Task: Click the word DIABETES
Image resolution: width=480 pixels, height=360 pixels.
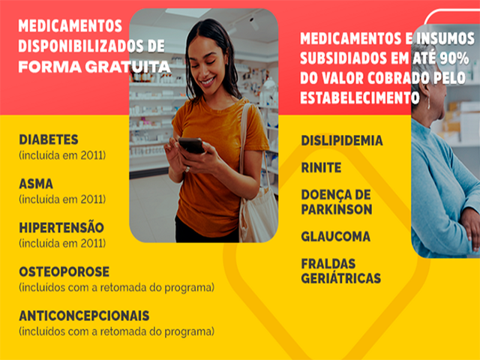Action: (49, 139)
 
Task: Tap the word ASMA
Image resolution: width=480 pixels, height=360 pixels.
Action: (36, 184)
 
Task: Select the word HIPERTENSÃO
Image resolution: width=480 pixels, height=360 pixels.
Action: (61, 227)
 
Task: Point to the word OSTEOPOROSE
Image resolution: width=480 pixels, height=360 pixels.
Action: (64, 271)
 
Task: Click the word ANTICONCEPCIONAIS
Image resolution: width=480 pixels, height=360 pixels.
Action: (84, 316)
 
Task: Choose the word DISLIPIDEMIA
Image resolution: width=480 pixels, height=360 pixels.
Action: (342, 140)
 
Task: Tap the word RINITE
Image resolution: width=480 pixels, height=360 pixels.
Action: (321, 168)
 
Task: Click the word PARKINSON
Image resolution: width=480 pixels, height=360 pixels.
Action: (337, 209)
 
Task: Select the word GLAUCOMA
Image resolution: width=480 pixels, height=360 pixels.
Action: (336, 237)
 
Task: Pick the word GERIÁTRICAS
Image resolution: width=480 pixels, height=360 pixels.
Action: (341, 278)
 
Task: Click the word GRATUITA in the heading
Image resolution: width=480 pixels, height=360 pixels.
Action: (127, 67)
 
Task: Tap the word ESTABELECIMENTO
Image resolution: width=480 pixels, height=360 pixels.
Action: (360, 98)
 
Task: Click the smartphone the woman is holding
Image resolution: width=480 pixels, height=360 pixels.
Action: (192, 145)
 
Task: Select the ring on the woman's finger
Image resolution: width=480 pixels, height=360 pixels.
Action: (187, 169)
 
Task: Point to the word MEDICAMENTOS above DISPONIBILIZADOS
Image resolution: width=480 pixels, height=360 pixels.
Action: (70, 25)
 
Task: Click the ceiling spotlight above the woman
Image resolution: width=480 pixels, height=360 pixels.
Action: (253, 23)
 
